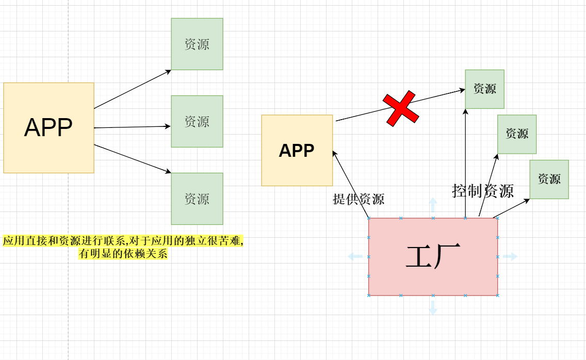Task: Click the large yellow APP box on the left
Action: (48, 128)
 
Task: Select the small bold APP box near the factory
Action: (297, 150)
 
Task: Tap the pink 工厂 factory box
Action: (433, 256)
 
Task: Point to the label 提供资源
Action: (359, 199)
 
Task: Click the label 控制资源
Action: (483, 191)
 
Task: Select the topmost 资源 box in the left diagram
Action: (197, 44)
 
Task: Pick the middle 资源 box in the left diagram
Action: (197, 121)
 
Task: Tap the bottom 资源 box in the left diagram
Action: (197, 199)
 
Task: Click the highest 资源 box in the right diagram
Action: (484, 89)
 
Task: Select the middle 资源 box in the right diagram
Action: (517, 134)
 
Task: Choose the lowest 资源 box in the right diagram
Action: (549, 179)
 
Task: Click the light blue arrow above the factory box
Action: (433, 204)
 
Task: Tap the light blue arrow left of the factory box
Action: (355, 256)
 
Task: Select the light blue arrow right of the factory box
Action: (510, 256)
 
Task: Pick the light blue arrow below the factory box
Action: (433, 307)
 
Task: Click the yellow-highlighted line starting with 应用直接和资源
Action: (123, 241)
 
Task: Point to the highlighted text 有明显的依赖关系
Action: (123, 254)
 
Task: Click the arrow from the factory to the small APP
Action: (351, 184)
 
